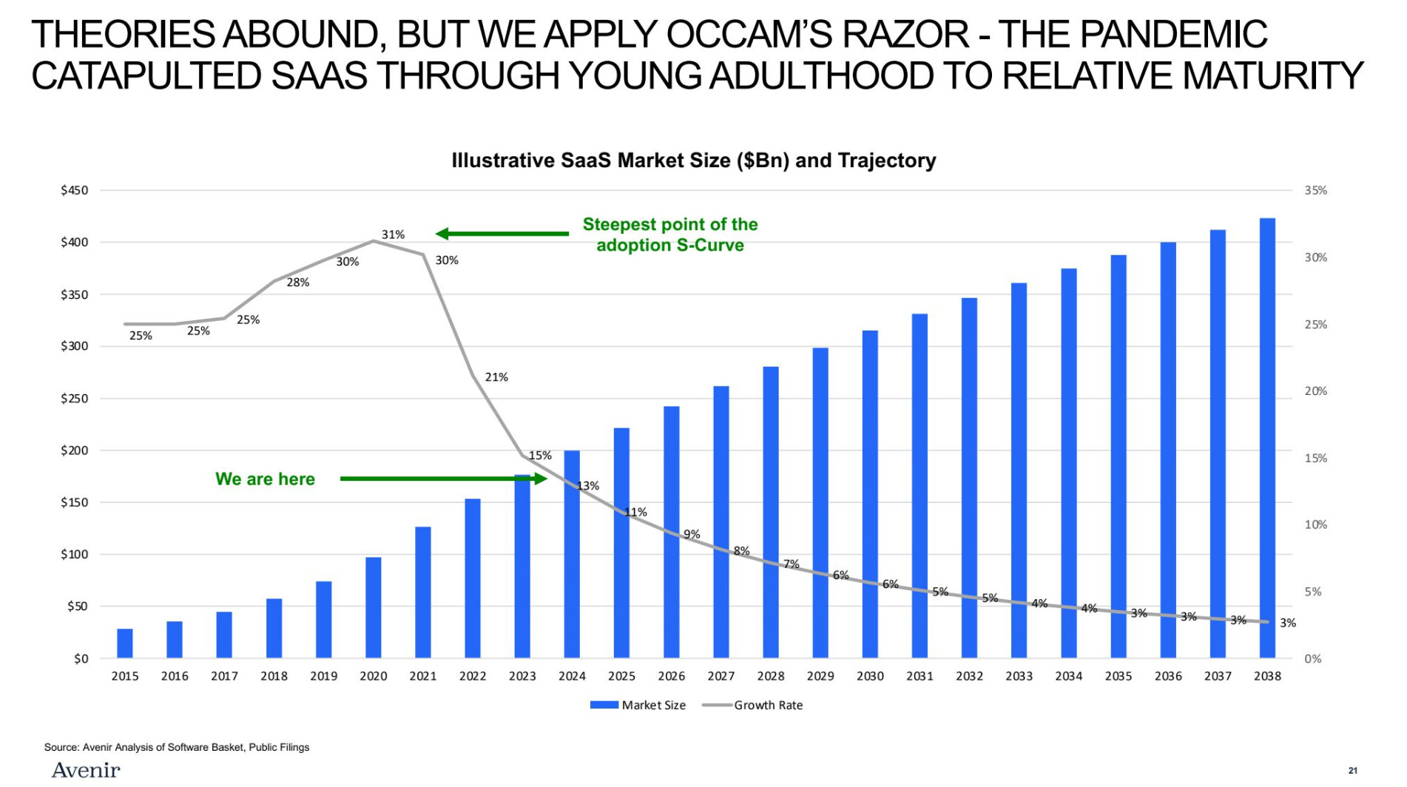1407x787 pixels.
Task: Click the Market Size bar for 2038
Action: [1267, 438]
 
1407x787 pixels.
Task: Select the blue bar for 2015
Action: [125, 644]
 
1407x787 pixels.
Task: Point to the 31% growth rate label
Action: [393, 234]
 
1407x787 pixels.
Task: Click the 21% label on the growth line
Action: [496, 377]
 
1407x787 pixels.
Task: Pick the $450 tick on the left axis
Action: [74, 190]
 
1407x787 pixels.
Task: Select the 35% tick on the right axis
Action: [1315, 190]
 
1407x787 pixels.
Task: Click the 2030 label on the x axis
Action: [870, 676]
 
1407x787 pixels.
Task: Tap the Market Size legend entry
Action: [638, 705]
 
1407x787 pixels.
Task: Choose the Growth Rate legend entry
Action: [752, 705]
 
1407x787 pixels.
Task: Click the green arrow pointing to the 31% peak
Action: [502, 234]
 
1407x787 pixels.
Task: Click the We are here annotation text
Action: [265, 479]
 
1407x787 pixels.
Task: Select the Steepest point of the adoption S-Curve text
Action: [670, 234]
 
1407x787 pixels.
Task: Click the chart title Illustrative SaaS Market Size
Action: [694, 161]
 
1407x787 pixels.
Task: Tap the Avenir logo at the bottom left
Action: [86, 770]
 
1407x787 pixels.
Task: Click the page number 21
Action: [1353, 770]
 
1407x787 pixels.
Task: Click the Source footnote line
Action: [177, 747]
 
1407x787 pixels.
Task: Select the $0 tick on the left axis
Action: [81, 658]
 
